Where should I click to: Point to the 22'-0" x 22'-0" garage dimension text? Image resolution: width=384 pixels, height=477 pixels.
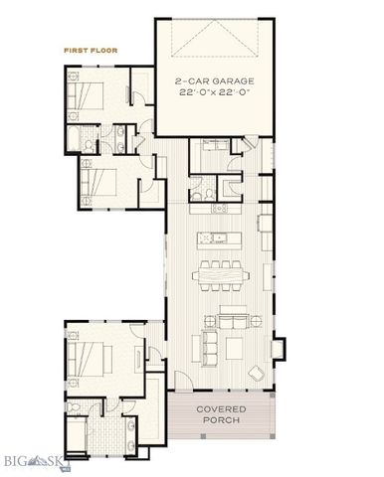[213, 91]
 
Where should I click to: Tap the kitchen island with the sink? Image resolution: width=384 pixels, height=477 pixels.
[221, 238]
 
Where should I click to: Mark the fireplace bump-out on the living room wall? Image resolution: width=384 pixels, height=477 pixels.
[284, 348]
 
